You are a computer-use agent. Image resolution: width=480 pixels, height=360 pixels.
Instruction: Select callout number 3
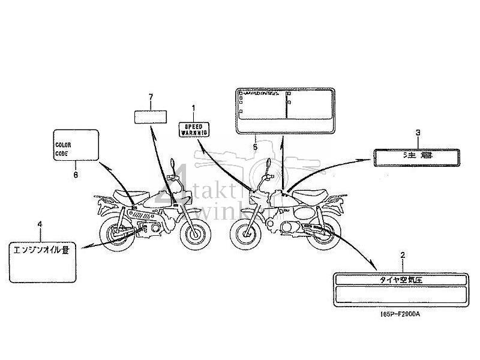click(x=418, y=133)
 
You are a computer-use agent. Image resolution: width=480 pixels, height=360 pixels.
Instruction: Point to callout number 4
click(x=40, y=224)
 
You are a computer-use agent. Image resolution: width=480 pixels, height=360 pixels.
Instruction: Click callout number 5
click(x=255, y=146)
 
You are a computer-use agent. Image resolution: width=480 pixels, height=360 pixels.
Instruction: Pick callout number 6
click(x=76, y=175)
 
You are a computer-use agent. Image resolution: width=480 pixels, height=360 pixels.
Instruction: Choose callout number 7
click(x=151, y=97)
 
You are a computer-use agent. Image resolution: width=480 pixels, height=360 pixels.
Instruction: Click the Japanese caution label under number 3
click(x=418, y=156)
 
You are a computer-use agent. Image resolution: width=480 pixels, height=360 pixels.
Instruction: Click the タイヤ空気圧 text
click(x=402, y=280)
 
